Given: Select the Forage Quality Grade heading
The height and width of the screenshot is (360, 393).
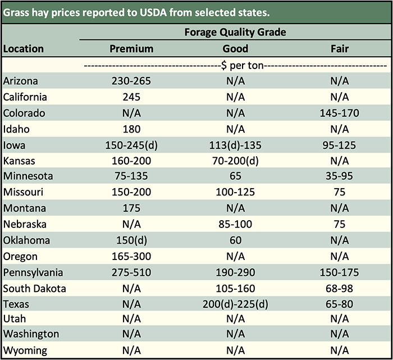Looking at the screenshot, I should [235, 32].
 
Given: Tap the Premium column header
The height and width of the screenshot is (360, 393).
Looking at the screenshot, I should [131, 49].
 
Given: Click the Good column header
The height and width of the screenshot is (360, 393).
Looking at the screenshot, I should [235, 49].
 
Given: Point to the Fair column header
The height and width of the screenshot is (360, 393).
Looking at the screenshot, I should [340, 49].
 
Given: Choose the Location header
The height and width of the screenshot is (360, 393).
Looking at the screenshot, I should [24, 49].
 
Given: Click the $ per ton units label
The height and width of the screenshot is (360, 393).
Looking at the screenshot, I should [235, 65].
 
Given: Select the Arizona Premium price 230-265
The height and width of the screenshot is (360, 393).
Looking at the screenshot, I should [131, 81].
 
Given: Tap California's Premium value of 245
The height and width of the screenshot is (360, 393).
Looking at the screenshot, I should [131, 97].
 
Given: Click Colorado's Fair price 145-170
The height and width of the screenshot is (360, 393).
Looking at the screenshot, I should [340, 113].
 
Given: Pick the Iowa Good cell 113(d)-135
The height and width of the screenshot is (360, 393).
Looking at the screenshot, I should [235, 145].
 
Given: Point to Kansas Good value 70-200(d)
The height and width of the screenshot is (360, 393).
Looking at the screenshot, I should [235, 161].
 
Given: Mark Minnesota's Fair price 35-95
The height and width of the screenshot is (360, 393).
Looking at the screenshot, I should [340, 176].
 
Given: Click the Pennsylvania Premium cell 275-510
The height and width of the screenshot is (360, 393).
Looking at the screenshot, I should [131, 272].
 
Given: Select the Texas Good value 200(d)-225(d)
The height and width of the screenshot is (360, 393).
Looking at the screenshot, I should [235, 304].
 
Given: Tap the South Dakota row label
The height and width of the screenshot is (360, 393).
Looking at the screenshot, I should [35, 289].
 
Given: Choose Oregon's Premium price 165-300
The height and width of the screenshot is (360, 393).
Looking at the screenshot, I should [131, 257].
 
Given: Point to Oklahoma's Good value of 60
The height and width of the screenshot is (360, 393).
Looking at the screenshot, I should [235, 240].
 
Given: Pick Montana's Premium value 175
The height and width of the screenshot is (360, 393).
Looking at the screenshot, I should [131, 208].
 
